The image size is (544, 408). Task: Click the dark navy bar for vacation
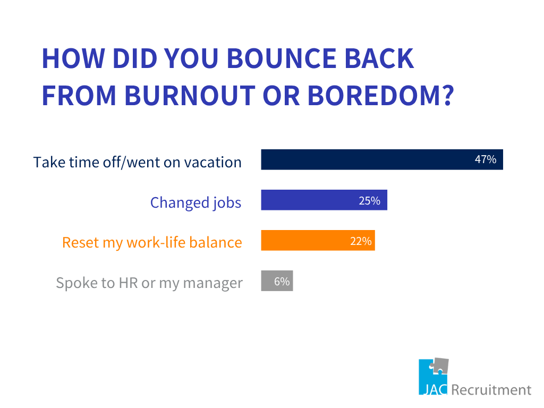(382, 159)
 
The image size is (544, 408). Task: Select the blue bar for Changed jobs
(324, 200)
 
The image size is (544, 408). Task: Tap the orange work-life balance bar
(318, 240)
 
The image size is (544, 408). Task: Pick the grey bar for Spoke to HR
(277, 280)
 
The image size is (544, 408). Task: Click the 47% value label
(486, 159)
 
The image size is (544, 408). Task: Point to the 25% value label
(370, 200)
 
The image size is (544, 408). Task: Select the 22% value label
(361, 241)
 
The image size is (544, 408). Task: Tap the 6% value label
(282, 281)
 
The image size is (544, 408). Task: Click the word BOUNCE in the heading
(282, 58)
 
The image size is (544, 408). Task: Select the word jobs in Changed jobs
(227, 202)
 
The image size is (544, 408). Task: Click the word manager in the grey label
(212, 284)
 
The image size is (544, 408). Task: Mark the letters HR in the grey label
(129, 283)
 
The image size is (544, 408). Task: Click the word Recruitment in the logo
(491, 389)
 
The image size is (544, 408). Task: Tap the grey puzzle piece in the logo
(440, 367)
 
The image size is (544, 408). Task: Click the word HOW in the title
(73, 58)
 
